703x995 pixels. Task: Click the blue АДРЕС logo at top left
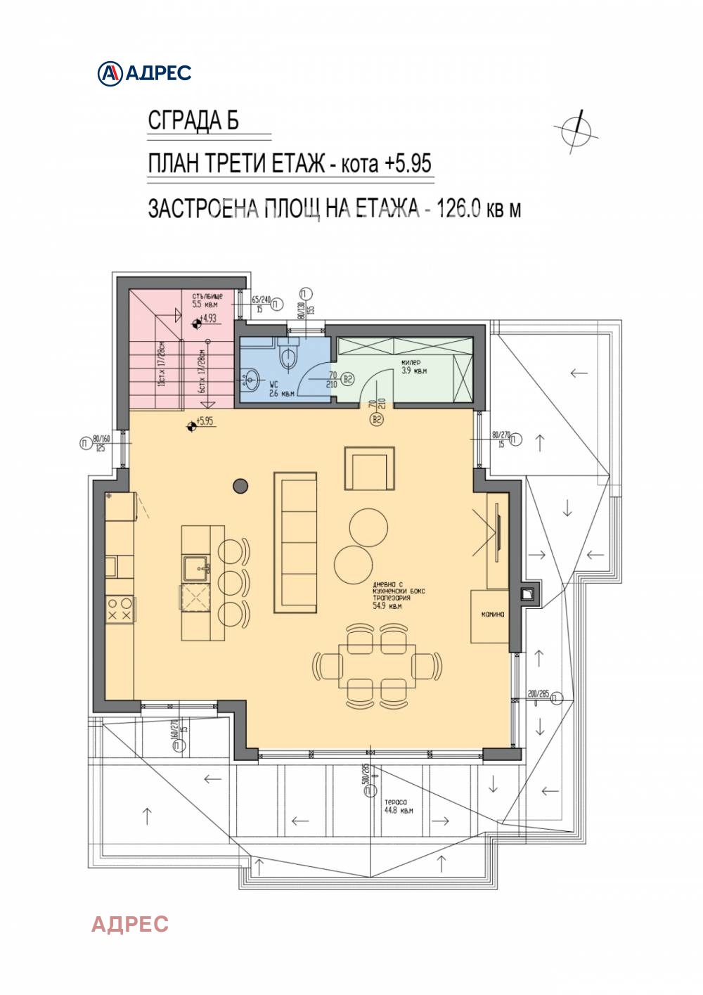click(144, 72)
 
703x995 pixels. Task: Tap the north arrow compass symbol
click(576, 131)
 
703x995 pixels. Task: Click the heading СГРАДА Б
click(193, 121)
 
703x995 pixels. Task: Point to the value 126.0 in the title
click(458, 209)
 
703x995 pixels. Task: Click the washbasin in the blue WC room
click(251, 380)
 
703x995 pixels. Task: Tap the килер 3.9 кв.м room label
click(413, 366)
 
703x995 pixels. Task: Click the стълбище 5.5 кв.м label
click(207, 300)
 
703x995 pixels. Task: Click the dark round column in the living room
click(240, 485)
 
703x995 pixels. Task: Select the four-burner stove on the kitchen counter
click(119, 609)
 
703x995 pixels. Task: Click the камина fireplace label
click(492, 614)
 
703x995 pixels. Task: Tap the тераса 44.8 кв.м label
click(398, 806)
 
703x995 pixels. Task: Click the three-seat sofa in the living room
click(295, 543)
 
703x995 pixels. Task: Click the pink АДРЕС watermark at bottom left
click(130, 923)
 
